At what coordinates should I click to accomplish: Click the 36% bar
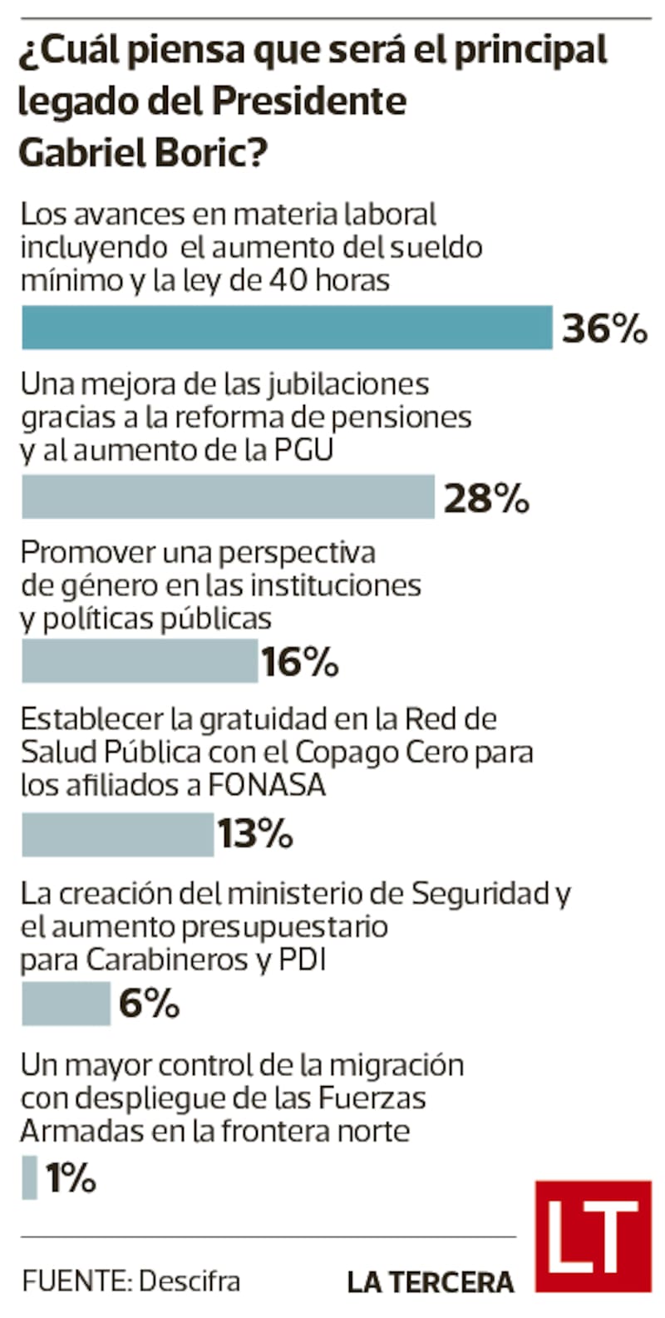[287, 328]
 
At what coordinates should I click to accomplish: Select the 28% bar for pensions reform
[228, 497]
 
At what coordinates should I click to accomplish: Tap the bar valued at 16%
[140, 661]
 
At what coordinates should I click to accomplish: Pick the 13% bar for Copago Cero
[117, 834]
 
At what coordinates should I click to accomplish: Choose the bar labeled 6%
[66, 1004]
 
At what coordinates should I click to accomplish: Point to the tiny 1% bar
[29, 1177]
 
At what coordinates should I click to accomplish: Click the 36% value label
[604, 328]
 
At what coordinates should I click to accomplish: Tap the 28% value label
[486, 499]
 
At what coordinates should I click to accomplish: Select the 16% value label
[300, 663]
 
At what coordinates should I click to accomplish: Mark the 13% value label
[255, 834]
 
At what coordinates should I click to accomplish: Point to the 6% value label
[150, 1004]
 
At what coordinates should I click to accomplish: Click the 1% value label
[71, 1177]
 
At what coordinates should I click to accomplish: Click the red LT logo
[593, 1236]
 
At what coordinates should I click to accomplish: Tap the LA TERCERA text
[431, 1282]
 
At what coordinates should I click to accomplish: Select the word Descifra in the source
[190, 1281]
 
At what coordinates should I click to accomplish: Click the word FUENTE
[75, 1281]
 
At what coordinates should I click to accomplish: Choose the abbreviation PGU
[303, 450]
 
